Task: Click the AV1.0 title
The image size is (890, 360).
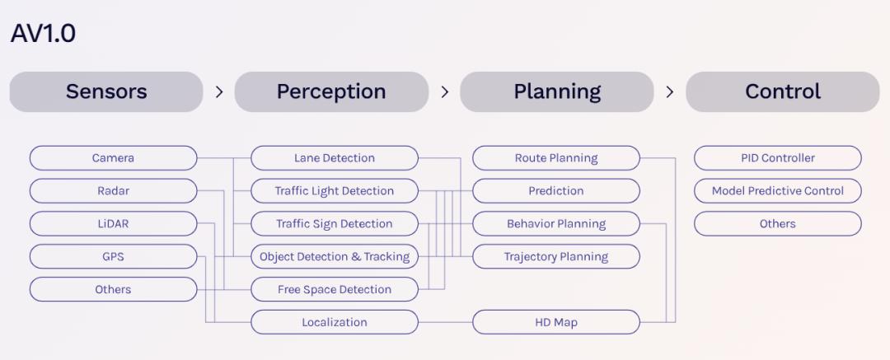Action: click(x=43, y=34)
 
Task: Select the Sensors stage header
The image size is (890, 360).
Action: click(x=106, y=91)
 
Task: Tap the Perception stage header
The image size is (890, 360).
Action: click(x=331, y=91)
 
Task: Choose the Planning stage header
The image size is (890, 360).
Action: click(x=557, y=91)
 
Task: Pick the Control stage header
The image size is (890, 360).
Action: click(x=783, y=91)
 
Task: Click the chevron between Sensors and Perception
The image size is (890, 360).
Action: click(x=219, y=92)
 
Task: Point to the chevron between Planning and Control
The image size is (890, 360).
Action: click(x=670, y=92)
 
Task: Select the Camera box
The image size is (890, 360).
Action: click(x=114, y=158)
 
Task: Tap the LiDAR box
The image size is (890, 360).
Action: click(x=114, y=224)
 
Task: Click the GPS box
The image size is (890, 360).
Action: click(x=114, y=257)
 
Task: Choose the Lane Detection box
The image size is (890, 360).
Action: click(x=335, y=158)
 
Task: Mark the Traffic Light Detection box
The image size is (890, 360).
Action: click(x=335, y=191)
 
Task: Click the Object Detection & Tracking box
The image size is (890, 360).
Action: click(x=335, y=257)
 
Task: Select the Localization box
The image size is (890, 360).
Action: click(x=335, y=323)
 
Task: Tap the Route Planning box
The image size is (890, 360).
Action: click(x=556, y=158)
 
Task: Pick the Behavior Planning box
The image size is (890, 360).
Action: click(x=556, y=224)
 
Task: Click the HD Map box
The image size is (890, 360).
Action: click(x=556, y=323)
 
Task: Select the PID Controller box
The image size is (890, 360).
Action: click(x=778, y=158)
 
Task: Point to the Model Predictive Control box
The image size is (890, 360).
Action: click(x=778, y=191)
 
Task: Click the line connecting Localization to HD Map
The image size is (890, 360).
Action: click(x=446, y=323)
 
